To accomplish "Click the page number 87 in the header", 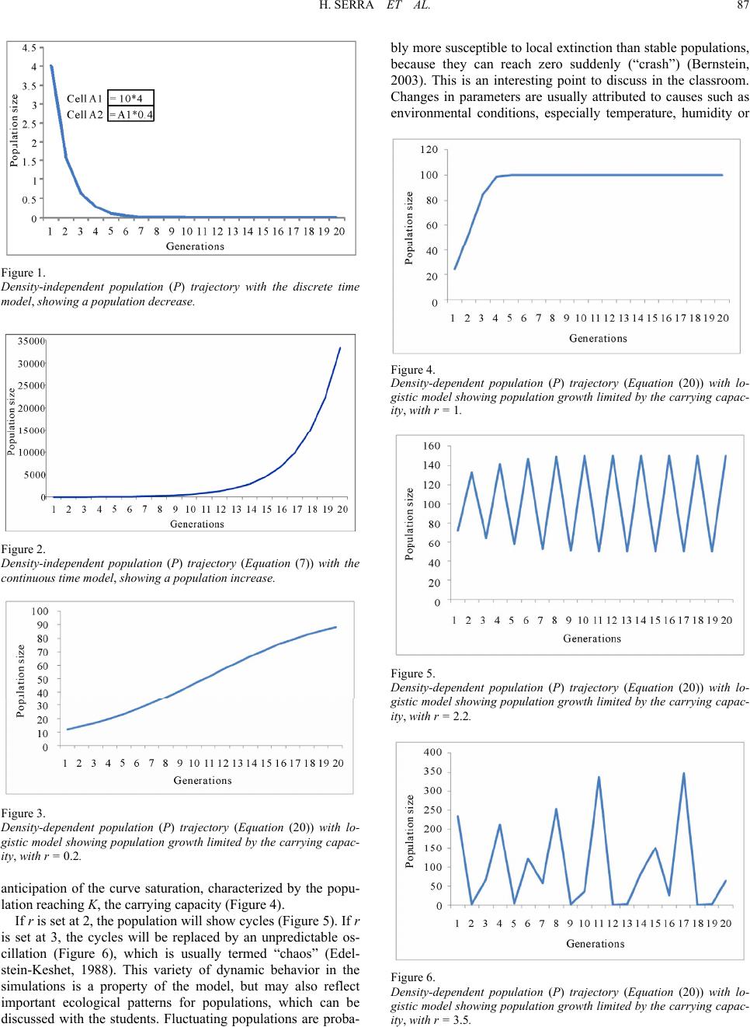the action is tap(743, 5).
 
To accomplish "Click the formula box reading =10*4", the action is tap(130, 98).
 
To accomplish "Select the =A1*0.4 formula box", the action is tap(130, 113).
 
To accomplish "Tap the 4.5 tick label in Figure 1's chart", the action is tap(30, 47).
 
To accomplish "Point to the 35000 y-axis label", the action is tap(31, 341).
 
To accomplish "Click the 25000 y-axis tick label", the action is tap(31, 385).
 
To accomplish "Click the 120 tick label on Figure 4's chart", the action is tap(429, 149).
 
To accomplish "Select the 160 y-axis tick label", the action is tap(431, 446).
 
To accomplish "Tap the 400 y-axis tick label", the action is tap(432, 752).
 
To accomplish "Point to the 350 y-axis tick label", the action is tap(432, 771).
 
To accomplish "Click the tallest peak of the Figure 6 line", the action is tap(683, 774).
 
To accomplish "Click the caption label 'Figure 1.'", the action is tap(23, 273).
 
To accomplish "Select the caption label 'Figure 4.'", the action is tap(413, 370).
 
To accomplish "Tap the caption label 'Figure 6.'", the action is tap(413, 977).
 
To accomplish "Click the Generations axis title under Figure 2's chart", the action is tap(197, 524).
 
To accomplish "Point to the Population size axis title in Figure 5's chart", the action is tap(409, 524).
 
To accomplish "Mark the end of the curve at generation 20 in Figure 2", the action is tap(340, 348).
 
